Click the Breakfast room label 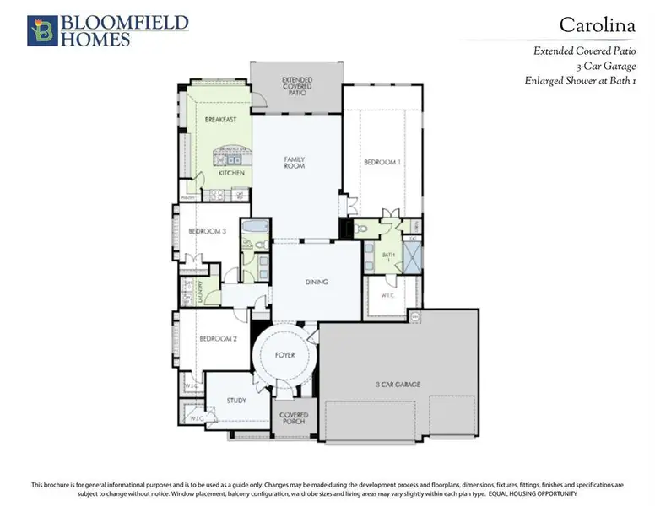pyautogui.click(x=219, y=120)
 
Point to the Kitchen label pyautogui.click(x=231, y=173)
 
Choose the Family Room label pyautogui.click(x=294, y=162)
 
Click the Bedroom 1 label pyautogui.click(x=382, y=162)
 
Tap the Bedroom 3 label pyautogui.click(x=206, y=231)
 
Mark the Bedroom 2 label pyautogui.click(x=218, y=339)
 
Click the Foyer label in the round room pyautogui.click(x=285, y=355)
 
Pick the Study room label pyautogui.click(x=236, y=400)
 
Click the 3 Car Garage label pyautogui.click(x=398, y=385)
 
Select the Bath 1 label pyautogui.click(x=388, y=256)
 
